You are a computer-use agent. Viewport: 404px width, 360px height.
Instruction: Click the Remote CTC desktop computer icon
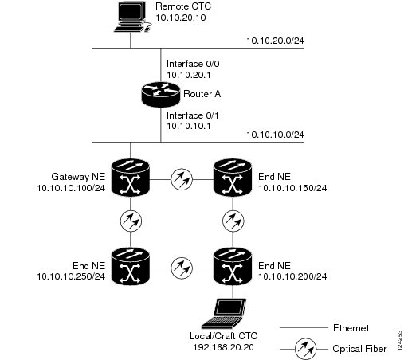(132, 17)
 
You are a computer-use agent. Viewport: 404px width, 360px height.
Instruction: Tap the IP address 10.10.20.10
(181, 18)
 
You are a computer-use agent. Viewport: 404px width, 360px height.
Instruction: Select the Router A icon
(160, 95)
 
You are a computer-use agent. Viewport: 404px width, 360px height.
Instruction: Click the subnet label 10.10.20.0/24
(275, 41)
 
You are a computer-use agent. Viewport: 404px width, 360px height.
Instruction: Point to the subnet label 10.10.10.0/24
(275, 135)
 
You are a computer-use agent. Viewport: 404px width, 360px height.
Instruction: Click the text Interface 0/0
(193, 64)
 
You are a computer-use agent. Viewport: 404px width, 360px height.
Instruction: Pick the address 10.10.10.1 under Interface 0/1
(189, 126)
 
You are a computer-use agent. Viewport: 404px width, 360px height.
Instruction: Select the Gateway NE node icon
(130, 178)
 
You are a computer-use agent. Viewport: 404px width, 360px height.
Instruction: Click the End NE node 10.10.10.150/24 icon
(233, 178)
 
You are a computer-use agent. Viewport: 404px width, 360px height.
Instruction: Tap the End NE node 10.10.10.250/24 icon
(130, 266)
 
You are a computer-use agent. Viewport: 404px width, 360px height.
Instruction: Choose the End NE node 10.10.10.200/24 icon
(233, 266)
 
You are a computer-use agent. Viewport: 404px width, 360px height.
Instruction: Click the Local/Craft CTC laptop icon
(224, 314)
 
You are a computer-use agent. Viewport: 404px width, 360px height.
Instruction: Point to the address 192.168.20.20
(223, 347)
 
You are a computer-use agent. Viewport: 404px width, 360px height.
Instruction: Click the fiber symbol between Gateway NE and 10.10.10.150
(182, 179)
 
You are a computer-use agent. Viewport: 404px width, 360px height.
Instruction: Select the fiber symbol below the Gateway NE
(131, 221)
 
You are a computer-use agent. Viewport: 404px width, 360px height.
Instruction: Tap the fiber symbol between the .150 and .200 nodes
(233, 221)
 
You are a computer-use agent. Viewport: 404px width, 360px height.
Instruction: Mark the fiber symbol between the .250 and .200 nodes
(182, 268)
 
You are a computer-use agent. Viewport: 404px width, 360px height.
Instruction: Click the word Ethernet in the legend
(351, 328)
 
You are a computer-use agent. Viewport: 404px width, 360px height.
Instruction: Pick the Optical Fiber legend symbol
(305, 349)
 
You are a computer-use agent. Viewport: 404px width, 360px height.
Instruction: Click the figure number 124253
(399, 340)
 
